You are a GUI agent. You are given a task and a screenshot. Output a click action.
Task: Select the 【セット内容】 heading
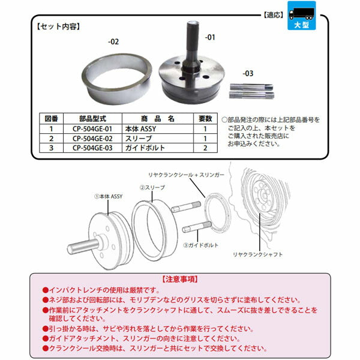pos(58,27)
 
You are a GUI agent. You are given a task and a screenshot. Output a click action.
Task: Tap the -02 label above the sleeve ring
pos(113,42)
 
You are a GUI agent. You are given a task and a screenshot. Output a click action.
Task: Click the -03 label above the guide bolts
pos(248,73)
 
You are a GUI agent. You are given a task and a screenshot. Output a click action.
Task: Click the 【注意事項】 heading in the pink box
pos(179,280)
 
